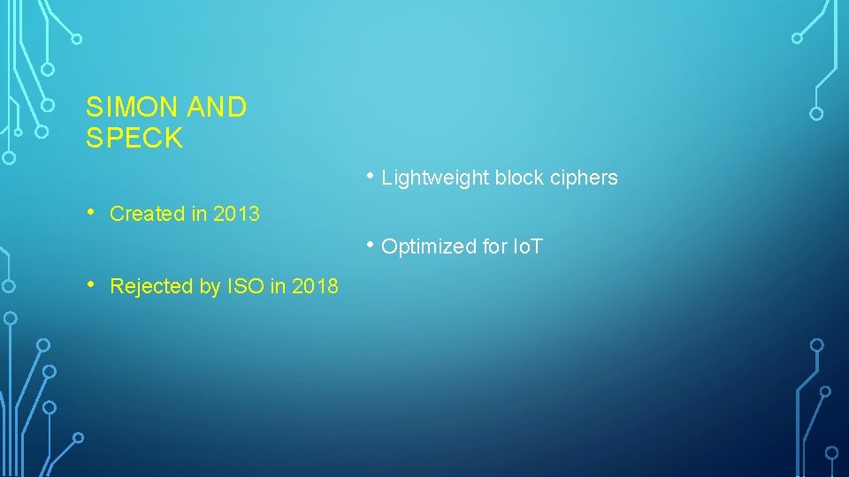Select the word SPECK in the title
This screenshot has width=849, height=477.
point(134,138)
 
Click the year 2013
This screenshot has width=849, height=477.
point(236,214)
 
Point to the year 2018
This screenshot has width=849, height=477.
point(315,286)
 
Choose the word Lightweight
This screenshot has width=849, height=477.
point(435,178)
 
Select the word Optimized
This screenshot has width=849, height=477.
point(429,246)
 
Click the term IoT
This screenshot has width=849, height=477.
point(528,246)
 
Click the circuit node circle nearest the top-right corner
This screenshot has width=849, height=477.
point(797,38)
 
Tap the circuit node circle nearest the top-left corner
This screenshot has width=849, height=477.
point(77,39)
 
